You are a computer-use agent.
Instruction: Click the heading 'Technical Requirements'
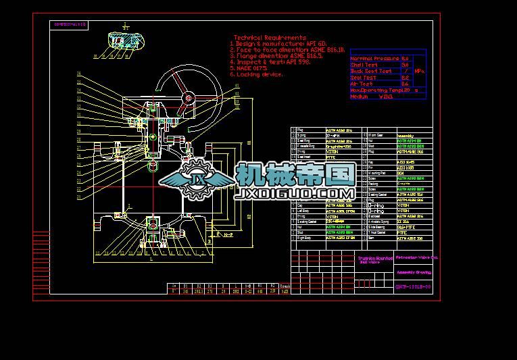[x=270, y=38]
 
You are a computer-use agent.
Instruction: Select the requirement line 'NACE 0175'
[x=251, y=68]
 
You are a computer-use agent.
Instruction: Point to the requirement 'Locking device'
[x=260, y=74]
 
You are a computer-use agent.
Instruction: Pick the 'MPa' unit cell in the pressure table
[x=419, y=71]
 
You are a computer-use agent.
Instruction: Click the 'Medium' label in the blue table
[x=360, y=97]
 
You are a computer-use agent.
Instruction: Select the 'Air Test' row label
[x=362, y=84]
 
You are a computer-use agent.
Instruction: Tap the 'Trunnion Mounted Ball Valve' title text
[x=375, y=259]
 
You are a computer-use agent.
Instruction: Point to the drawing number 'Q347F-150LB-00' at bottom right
[x=413, y=288]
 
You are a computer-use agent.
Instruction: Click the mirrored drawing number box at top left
[x=70, y=24]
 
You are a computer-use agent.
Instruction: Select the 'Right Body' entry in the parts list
[x=304, y=238]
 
